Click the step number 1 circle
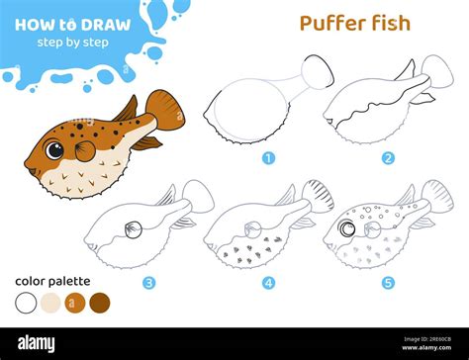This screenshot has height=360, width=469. tap(267, 157)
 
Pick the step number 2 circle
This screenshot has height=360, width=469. tap(388, 157)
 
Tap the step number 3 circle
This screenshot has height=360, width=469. tap(148, 282)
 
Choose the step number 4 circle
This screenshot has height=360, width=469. tap(268, 282)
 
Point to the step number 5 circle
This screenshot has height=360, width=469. tap(388, 282)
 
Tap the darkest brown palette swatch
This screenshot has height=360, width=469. tap(100, 302)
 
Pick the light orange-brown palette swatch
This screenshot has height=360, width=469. tap(75, 302)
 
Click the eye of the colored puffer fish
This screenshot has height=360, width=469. tap(54, 149)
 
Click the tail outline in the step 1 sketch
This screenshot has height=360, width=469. tap(316, 71)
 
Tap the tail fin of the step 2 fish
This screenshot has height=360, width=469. tap(435, 71)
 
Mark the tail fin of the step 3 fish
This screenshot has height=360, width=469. tap(198, 195)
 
